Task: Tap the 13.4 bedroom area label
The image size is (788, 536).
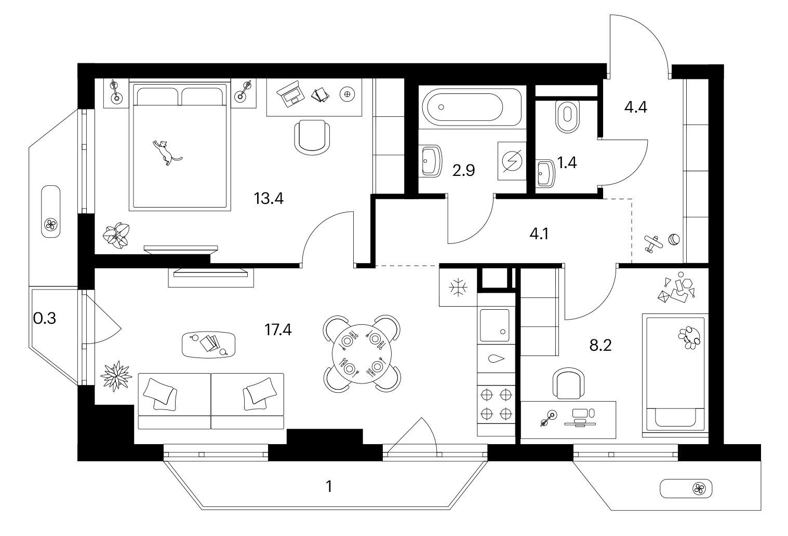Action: pyautogui.click(x=269, y=199)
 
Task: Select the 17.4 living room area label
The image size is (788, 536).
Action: pyautogui.click(x=278, y=330)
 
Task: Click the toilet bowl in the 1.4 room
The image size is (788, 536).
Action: pyautogui.click(x=567, y=117)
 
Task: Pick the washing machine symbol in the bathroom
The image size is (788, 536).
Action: pyautogui.click(x=512, y=161)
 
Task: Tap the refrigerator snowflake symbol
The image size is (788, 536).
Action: pyautogui.click(x=458, y=287)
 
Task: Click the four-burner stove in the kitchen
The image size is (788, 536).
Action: pyautogui.click(x=496, y=404)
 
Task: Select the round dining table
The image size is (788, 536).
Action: pyautogui.click(x=362, y=353)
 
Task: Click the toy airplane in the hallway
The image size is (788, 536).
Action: pyautogui.click(x=653, y=244)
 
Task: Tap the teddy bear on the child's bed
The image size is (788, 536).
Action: pyautogui.click(x=689, y=338)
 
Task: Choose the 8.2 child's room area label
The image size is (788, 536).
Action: pyautogui.click(x=600, y=346)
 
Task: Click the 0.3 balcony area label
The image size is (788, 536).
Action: pyautogui.click(x=45, y=319)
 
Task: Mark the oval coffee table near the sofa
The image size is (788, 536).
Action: pyautogui.click(x=208, y=345)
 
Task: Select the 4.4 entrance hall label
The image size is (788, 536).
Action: pyautogui.click(x=636, y=107)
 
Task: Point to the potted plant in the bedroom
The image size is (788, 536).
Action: pyautogui.click(x=116, y=236)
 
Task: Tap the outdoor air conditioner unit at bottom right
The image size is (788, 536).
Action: pyautogui.click(x=686, y=489)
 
